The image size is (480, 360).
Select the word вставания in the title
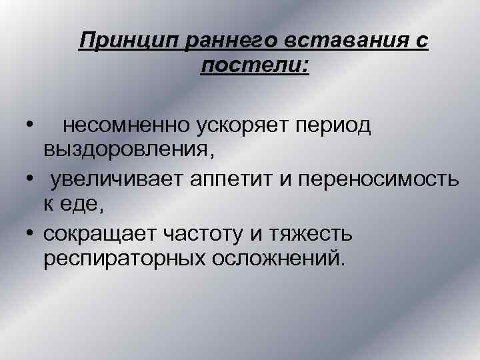click(347, 42)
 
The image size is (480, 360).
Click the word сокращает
click(102, 234)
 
